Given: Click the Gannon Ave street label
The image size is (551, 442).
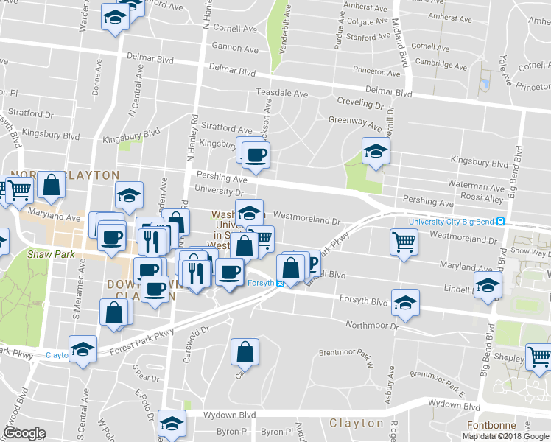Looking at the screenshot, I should coord(235,49).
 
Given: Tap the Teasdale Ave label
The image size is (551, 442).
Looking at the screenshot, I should coord(281,94).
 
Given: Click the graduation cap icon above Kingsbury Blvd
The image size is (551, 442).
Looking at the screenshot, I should coord(376,150).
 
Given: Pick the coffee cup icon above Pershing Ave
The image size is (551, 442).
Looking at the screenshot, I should coord(256,155).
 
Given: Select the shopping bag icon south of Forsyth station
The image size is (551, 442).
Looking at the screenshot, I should coord(245,352).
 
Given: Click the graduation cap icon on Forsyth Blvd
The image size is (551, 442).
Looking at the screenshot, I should coord(405,302).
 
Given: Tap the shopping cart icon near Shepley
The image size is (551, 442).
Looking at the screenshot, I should coord(539,357).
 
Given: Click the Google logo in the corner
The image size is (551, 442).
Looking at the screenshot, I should coord(24,432).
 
